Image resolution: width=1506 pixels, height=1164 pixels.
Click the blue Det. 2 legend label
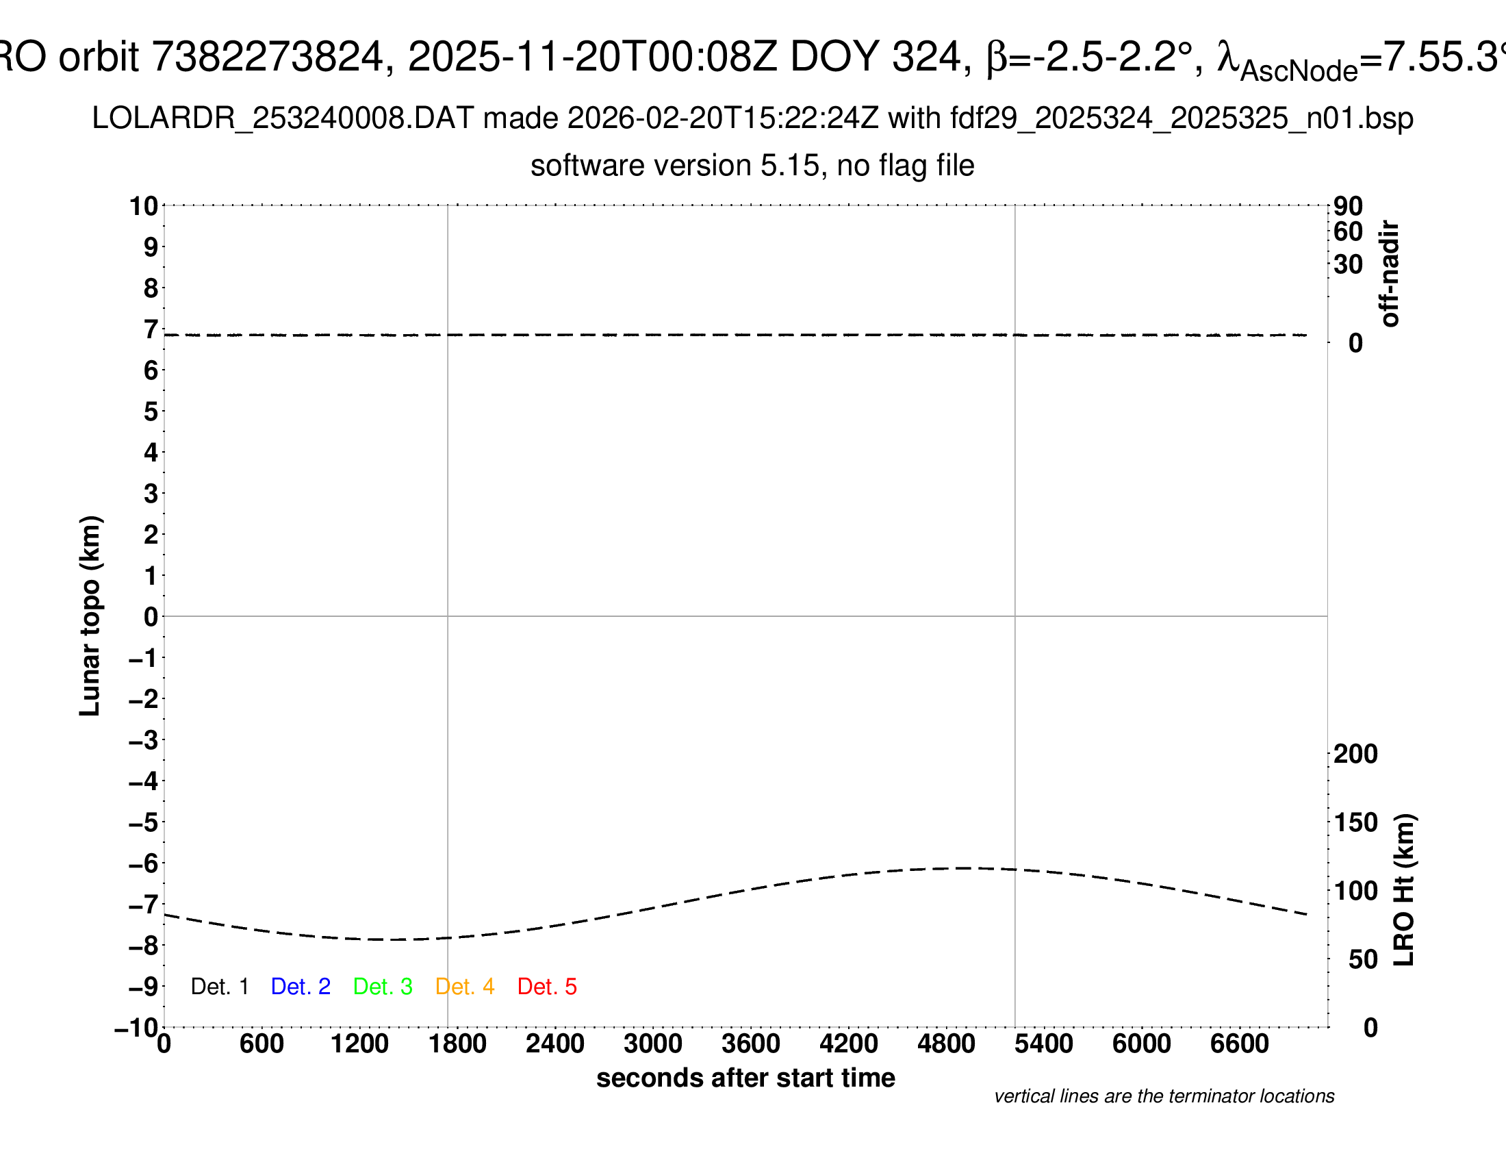(x=301, y=987)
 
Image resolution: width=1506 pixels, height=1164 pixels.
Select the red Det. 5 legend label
(x=547, y=987)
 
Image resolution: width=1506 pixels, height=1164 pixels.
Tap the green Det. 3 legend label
(x=383, y=987)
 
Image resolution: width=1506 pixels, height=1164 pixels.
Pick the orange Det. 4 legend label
(x=465, y=987)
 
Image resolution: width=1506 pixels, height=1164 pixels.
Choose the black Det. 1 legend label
(x=219, y=987)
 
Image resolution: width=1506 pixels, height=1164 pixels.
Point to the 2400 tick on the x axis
(x=555, y=1044)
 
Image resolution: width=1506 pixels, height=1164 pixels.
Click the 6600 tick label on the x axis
(x=1239, y=1044)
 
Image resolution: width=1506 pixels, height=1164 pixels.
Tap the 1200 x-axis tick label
(x=359, y=1044)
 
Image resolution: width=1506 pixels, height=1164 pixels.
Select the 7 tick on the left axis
(x=151, y=329)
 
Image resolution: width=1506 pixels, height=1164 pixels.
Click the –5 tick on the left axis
(x=144, y=822)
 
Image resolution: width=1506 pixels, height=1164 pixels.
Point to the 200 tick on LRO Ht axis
(x=1355, y=754)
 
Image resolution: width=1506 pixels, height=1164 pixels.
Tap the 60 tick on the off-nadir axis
(x=1348, y=231)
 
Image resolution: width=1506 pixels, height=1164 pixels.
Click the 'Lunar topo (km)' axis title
(x=90, y=616)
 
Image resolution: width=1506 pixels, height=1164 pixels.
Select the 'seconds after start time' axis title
(x=745, y=1078)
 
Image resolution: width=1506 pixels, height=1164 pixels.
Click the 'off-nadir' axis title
(x=1390, y=274)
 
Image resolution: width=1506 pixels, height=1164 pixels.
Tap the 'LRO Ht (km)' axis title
(x=1404, y=890)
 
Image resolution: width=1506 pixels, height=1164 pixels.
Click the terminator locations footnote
(x=1164, y=1096)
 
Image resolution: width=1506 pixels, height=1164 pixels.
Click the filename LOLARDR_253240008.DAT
(x=282, y=118)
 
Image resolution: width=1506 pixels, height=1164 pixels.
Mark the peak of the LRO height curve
(x=962, y=868)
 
